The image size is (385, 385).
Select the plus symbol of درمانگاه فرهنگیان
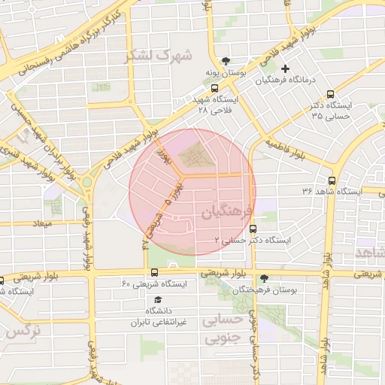[x=285, y=68]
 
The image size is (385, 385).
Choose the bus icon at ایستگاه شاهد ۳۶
[x=332, y=180]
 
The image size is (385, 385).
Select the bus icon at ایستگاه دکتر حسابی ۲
[x=251, y=229]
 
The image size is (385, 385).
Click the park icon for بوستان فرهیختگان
[x=263, y=278]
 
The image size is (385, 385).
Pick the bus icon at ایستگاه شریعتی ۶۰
[x=154, y=272]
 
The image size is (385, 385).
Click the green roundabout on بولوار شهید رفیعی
[x=87, y=181]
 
